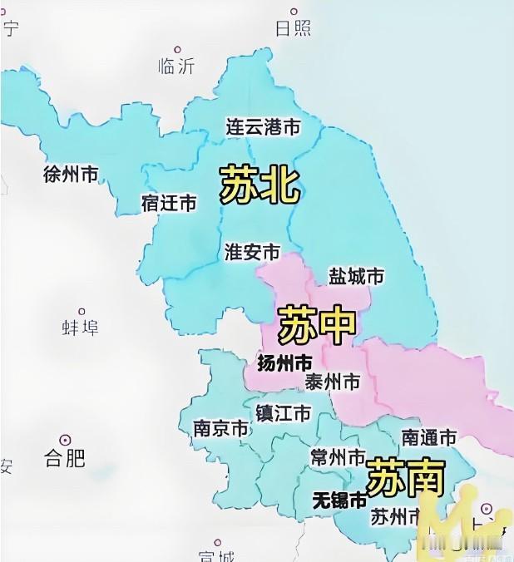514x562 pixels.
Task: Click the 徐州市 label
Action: [x=71, y=175]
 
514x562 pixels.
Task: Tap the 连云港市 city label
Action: [x=263, y=127]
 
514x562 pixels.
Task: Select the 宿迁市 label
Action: [x=169, y=203]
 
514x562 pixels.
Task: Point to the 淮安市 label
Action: [x=252, y=252]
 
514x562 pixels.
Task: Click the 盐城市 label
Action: [x=357, y=276]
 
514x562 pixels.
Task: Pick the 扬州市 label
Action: [x=285, y=364]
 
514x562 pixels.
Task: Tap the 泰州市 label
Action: [x=333, y=382]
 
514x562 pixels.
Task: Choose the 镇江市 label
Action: [x=284, y=413]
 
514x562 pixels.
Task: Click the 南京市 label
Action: [x=220, y=429]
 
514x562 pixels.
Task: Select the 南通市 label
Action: [x=429, y=437]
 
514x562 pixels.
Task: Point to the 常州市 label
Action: [x=338, y=458]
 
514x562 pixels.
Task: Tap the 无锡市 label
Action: [x=338, y=500]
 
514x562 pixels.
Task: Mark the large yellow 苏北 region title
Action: [x=259, y=185]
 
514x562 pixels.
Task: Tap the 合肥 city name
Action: [x=65, y=457]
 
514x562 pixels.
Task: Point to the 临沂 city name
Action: [x=175, y=67]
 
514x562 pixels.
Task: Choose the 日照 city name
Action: [x=293, y=28]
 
